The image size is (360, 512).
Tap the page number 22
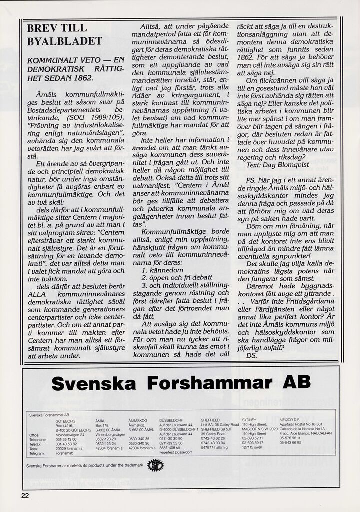[25, 496]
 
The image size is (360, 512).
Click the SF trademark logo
[156, 465]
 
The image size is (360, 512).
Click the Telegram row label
[38, 453]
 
